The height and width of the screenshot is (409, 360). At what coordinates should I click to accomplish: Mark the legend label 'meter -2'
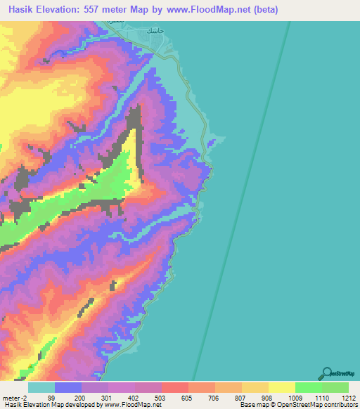14,397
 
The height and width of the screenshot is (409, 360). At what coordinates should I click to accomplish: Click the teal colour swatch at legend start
41,387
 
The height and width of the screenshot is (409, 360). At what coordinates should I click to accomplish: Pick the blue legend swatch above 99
68,387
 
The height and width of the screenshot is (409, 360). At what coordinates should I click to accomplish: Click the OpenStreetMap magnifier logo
328,372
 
